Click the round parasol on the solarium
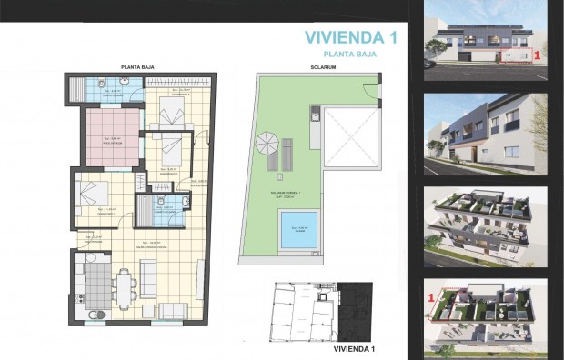pos(268,143)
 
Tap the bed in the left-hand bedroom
pos(93,194)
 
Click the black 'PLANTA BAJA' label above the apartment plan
pos(136,67)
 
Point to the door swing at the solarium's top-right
pos(368,92)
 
